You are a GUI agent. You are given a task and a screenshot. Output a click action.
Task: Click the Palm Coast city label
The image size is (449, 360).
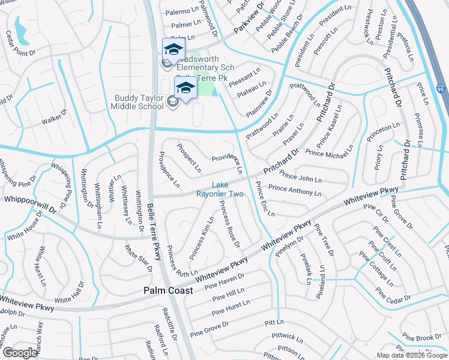point(168,290)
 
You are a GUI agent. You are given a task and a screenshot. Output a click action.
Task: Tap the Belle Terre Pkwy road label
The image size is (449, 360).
point(154,232)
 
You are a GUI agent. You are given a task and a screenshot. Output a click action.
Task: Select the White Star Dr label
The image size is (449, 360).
point(138,257)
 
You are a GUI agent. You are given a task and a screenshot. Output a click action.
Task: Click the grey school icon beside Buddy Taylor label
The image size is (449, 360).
point(173,101)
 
